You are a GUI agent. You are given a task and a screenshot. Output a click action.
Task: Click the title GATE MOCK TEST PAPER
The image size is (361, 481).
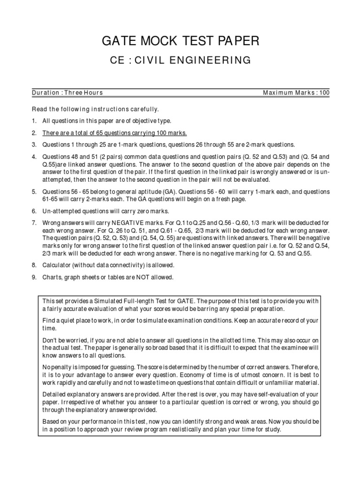coord(180,42)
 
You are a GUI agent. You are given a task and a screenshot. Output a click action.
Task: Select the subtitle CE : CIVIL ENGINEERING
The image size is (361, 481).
coord(180,60)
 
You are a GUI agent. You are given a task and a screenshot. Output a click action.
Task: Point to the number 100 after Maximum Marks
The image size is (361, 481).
coord(324,93)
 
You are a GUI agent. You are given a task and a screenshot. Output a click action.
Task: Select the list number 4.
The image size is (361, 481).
coord(34,156)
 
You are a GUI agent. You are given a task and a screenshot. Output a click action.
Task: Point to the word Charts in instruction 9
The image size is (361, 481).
coord(51,277)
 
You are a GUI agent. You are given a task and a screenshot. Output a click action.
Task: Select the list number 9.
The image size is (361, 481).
coord(34,277)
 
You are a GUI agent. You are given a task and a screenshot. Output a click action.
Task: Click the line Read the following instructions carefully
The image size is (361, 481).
coord(95,109)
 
